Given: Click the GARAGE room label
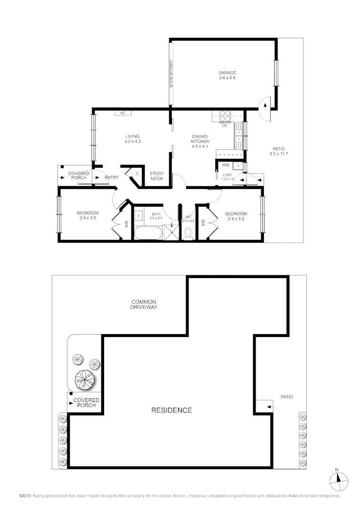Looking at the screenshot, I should [227, 75].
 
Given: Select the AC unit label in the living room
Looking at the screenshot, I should [123, 113].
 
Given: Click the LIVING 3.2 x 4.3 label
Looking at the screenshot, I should [132, 139].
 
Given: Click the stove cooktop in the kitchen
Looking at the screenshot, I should [224, 115].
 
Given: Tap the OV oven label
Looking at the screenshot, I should [225, 125].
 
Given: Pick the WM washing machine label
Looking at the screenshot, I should [225, 165].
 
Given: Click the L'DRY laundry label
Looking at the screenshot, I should [228, 177].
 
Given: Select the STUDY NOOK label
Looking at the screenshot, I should [157, 176].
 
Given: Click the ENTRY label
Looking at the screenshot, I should [112, 177].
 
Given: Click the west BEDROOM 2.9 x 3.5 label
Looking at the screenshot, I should [88, 215].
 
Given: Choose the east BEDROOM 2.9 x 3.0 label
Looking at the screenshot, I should [237, 216].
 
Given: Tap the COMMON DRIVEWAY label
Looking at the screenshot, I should [144, 304].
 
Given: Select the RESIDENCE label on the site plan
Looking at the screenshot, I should [172, 410].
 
